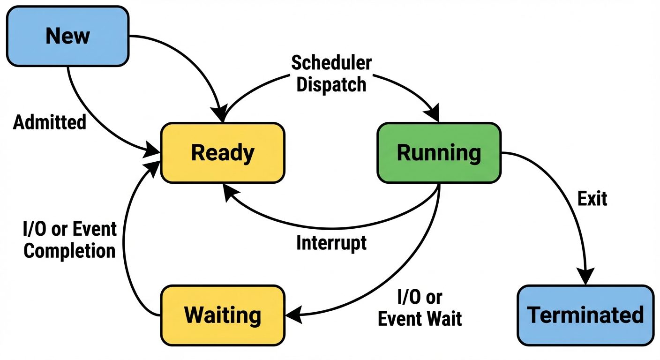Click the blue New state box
click(67, 36)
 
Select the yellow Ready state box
click(222, 153)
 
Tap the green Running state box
click(439, 153)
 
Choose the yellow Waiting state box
click(222, 315)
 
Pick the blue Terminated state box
click(585, 315)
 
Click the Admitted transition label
click(50, 122)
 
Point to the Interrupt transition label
click(331, 243)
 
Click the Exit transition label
click(592, 199)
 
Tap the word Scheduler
click(331, 63)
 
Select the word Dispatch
click(331, 84)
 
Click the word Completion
click(69, 251)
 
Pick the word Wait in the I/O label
click(446, 319)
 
